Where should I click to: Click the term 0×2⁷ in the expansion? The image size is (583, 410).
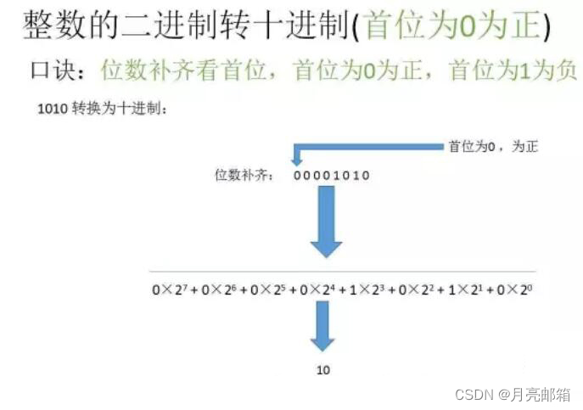(167, 289)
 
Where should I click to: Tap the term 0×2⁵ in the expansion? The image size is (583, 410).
(261, 289)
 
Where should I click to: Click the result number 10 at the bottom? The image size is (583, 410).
(323, 370)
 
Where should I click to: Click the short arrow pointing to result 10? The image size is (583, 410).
(323, 325)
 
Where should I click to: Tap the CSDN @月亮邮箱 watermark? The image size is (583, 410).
(513, 395)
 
